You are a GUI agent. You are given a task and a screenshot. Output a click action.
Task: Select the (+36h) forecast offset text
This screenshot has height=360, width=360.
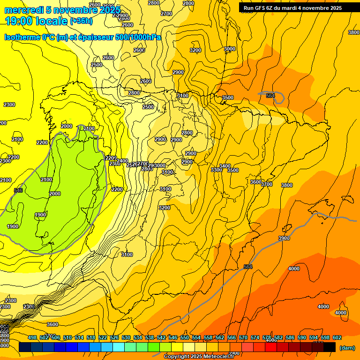click(x=81, y=21)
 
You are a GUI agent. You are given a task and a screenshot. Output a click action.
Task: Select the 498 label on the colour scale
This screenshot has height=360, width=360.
click(x=32, y=337)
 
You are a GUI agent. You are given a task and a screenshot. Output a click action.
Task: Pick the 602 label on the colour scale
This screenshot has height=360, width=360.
click(x=337, y=337)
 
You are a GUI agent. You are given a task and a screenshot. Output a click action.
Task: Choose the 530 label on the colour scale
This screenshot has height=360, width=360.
click(x=126, y=337)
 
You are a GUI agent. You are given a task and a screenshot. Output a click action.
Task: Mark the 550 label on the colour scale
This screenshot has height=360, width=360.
click(x=185, y=337)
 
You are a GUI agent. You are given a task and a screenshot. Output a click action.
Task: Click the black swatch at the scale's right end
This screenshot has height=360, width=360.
click(x=330, y=347)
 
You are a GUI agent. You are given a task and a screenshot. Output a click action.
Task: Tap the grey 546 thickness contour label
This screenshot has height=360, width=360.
click(x=18, y=190)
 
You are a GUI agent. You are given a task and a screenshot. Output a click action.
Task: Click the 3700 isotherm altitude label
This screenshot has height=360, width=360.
click(x=267, y=184)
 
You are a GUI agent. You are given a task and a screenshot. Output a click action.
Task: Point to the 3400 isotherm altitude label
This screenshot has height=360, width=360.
click(x=225, y=166)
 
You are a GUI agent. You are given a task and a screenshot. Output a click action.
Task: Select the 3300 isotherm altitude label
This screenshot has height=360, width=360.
click(x=217, y=170)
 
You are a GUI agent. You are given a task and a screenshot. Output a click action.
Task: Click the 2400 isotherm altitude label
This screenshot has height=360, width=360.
click(x=122, y=161)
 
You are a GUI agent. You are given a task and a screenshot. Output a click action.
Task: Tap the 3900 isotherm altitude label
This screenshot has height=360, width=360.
click(x=284, y=238)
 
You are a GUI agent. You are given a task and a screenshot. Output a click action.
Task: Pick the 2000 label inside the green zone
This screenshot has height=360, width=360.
click(x=55, y=194)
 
